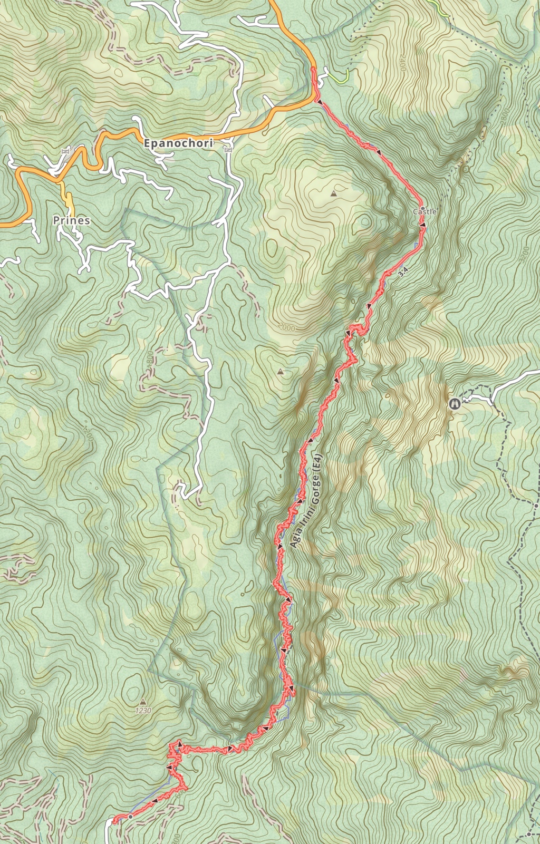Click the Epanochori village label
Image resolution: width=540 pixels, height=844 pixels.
(x=178, y=143)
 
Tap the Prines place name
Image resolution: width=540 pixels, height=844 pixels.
(x=72, y=220)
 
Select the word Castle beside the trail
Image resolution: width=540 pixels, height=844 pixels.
(x=425, y=211)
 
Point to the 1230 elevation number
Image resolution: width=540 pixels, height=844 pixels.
(x=143, y=711)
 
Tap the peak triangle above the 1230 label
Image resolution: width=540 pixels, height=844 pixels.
(x=143, y=702)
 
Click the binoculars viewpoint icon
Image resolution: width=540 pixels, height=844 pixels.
(x=454, y=404)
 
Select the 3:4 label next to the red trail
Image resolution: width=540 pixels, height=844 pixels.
(x=403, y=273)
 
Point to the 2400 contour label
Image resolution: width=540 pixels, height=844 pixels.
(x=402, y=65)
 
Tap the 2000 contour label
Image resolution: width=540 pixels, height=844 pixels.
(x=288, y=328)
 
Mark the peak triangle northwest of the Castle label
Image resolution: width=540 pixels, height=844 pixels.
(x=333, y=194)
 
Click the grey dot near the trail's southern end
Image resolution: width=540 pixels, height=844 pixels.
(x=130, y=816)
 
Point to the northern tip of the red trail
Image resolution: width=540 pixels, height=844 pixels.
(x=314, y=69)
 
